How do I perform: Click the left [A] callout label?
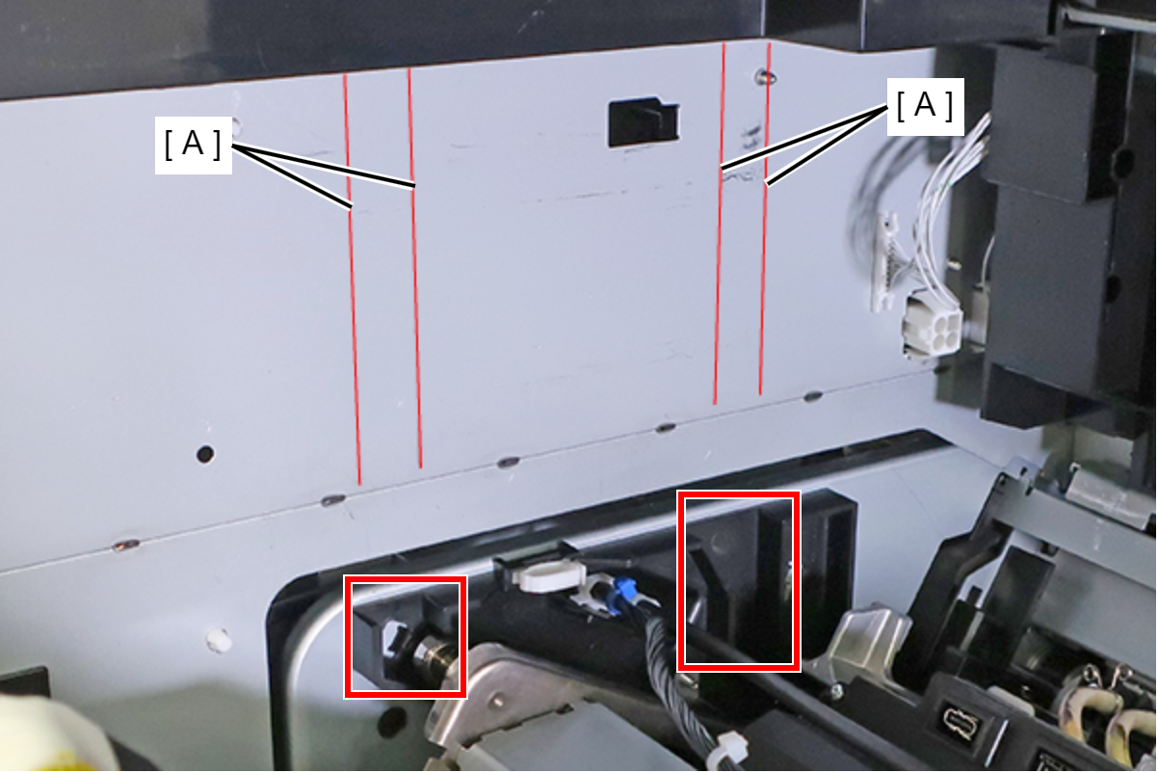pyautogui.click(x=194, y=145)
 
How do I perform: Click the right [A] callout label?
pyautogui.click(x=926, y=107)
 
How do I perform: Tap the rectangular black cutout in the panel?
pyautogui.click(x=644, y=122)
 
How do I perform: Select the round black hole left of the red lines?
pyautogui.click(x=205, y=454)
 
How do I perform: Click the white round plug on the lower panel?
pyautogui.click(x=220, y=640)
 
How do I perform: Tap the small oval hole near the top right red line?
pyautogui.click(x=765, y=77)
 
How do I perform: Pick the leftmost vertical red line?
pyautogui.click(x=352, y=280)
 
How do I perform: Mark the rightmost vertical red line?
pyautogui.click(x=765, y=219)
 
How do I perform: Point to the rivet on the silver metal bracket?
pyautogui.click(x=497, y=701)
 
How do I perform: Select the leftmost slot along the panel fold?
pyautogui.click(x=126, y=545)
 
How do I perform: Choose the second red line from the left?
pyautogui.click(x=414, y=268)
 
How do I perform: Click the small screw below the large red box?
pyautogui.click(x=833, y=689)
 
